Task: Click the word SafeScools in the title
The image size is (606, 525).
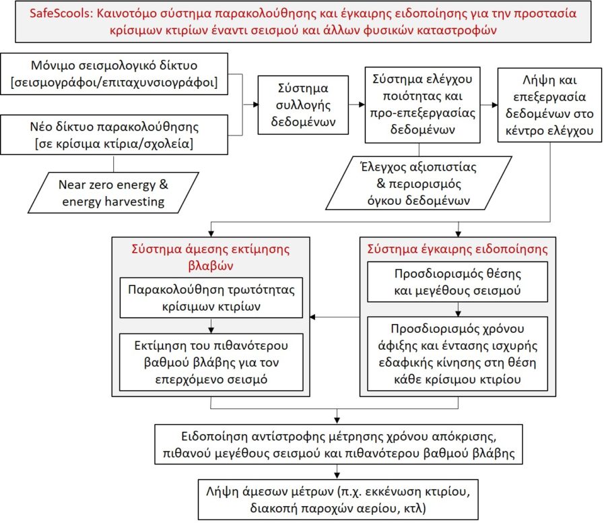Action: (x=61, y=13)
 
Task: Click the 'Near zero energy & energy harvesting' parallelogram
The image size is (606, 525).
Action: (x=112, y=192)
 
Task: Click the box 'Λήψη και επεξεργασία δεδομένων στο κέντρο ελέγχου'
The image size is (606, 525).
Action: (x=549, y=104)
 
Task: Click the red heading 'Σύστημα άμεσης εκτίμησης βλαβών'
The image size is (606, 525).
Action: (x=212, y=257)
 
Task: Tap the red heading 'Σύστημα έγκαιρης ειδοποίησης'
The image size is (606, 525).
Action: (x=458, y=249)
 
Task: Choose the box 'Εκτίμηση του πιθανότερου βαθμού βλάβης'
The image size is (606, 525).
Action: (x=212, y=363)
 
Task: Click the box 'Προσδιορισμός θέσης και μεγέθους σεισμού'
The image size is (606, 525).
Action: (x=458, y=284)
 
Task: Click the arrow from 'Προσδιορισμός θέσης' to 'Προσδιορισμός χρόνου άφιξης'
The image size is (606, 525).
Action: (x=459, y=310)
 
